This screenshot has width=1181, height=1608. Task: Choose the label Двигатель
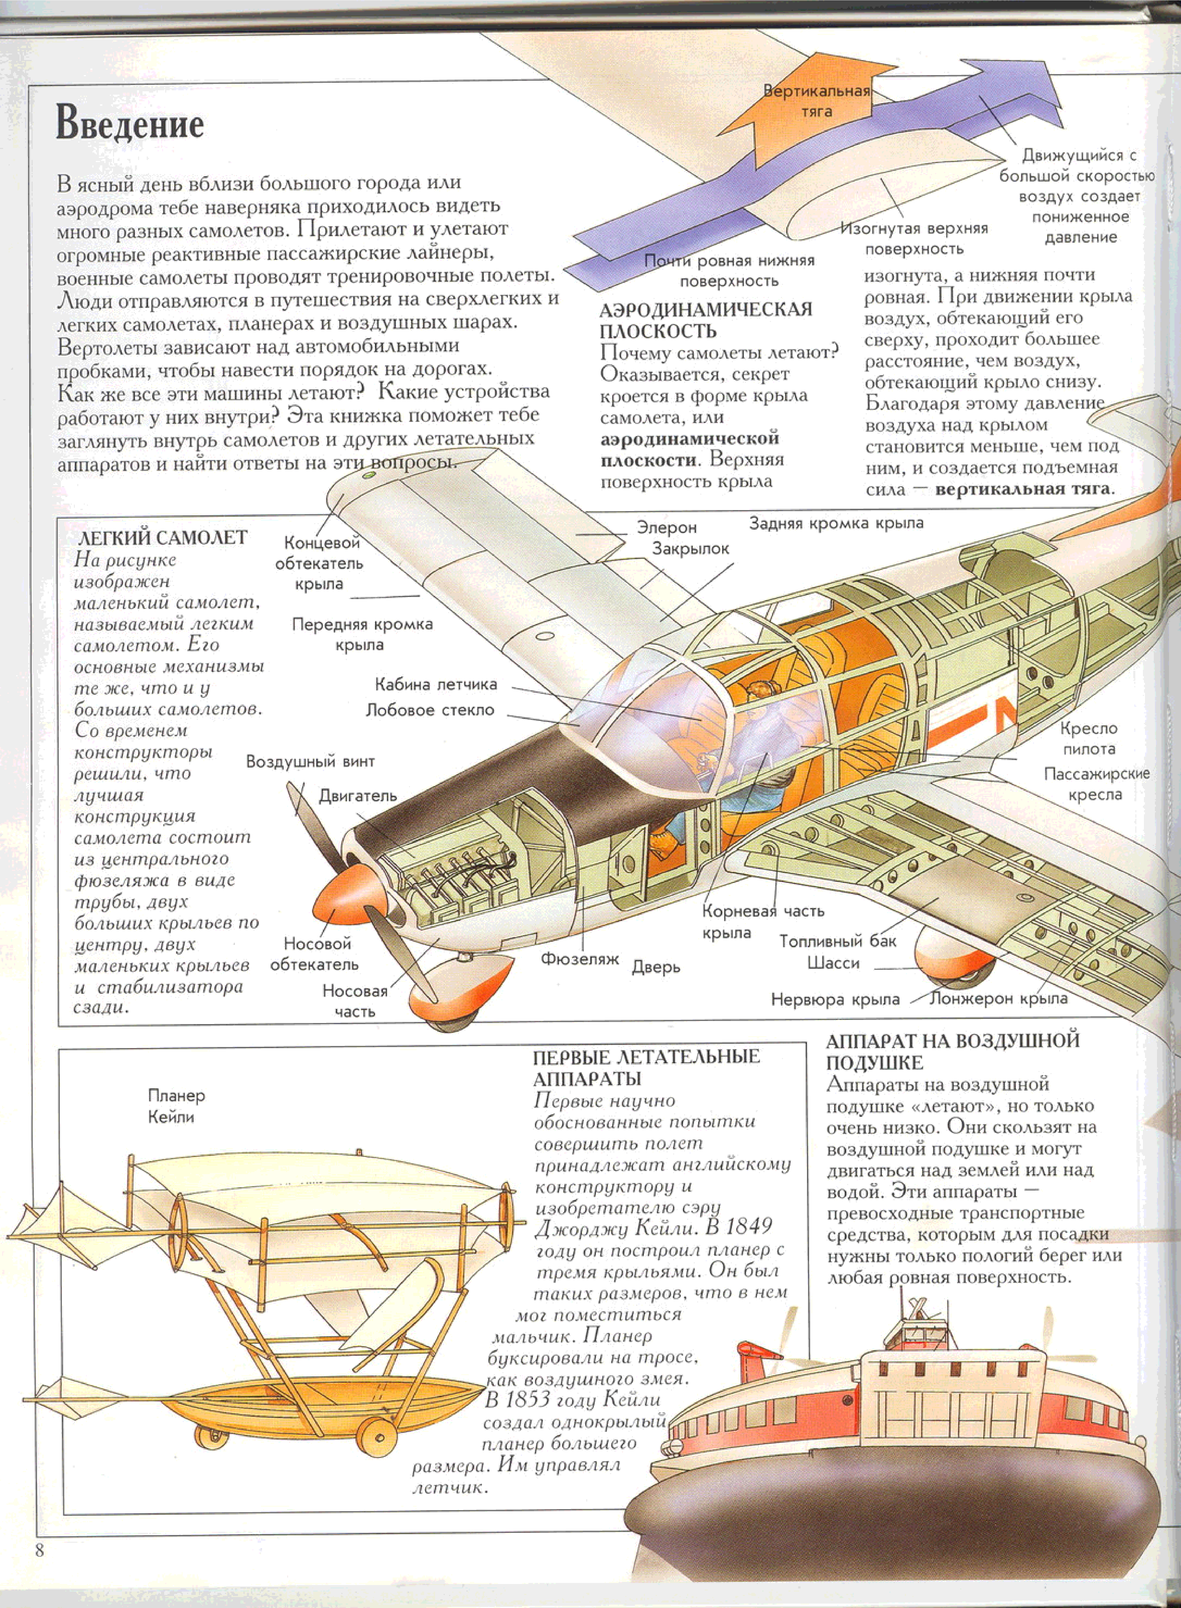point(358,796)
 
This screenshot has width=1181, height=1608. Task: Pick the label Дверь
point(656,968)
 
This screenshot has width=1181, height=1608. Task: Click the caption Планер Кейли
point(176,1105)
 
